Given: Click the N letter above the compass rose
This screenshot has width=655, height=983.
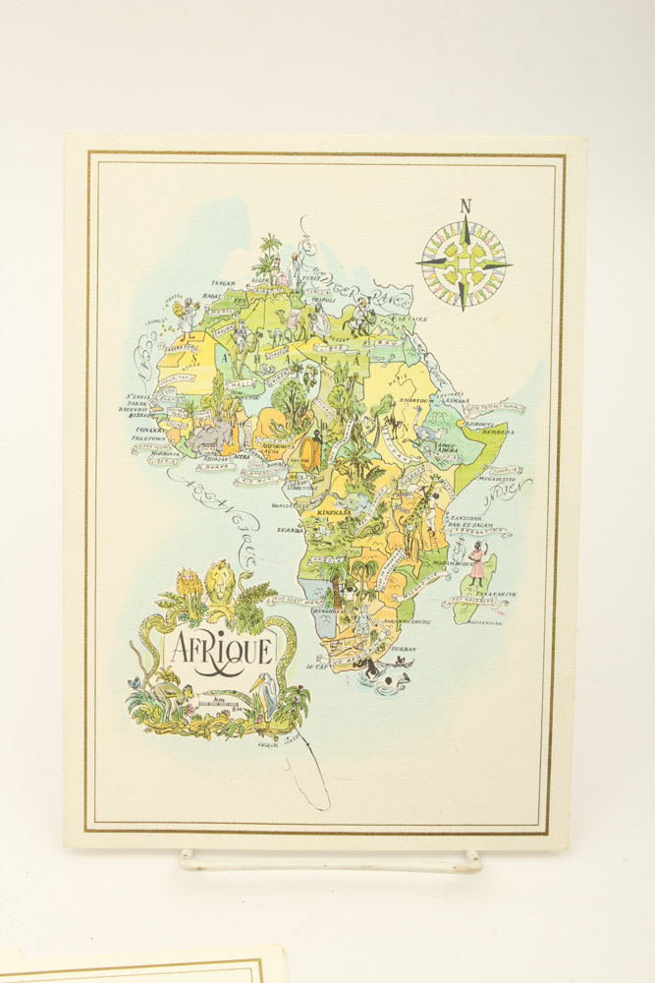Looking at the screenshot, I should click(465, 206).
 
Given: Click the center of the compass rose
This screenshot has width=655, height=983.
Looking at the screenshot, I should click(464, 263).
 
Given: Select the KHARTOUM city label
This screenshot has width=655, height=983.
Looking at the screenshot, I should click(416, 401).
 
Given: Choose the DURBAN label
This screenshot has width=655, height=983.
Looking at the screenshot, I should click(403, 649).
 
